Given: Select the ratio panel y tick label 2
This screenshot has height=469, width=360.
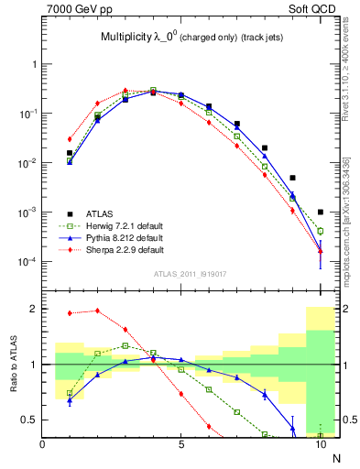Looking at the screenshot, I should coord(33,309).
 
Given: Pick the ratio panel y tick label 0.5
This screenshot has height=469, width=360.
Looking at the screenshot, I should coord(30,420).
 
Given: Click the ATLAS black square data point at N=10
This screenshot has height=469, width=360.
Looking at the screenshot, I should coord(320,212).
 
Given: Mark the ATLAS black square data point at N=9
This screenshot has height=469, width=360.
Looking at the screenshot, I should coord(292,178).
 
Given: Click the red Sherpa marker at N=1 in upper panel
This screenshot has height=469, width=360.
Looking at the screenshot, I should coord(71,139).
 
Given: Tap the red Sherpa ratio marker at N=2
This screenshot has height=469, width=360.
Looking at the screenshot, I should coord(98,311).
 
